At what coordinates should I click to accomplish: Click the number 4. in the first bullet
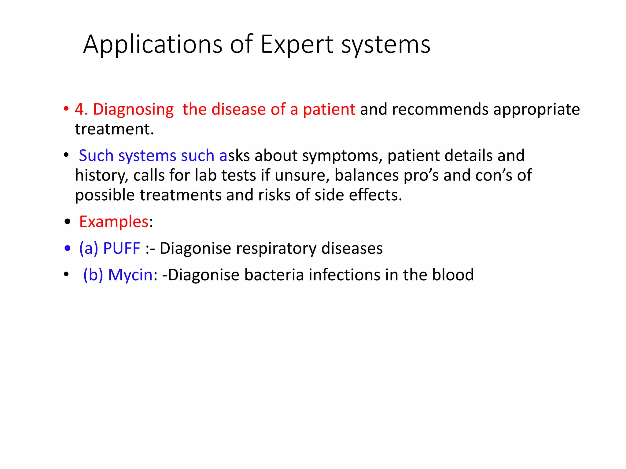pos(81,109)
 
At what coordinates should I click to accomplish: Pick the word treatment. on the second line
pos(114,129)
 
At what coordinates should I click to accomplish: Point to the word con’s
pos(493,176)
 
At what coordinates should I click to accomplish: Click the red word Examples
pos(114,222)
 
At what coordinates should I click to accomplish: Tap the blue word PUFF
pos(122,248)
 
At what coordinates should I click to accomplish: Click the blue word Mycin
pos(130,275)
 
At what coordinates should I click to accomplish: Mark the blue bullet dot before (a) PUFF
pos(68,248)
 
